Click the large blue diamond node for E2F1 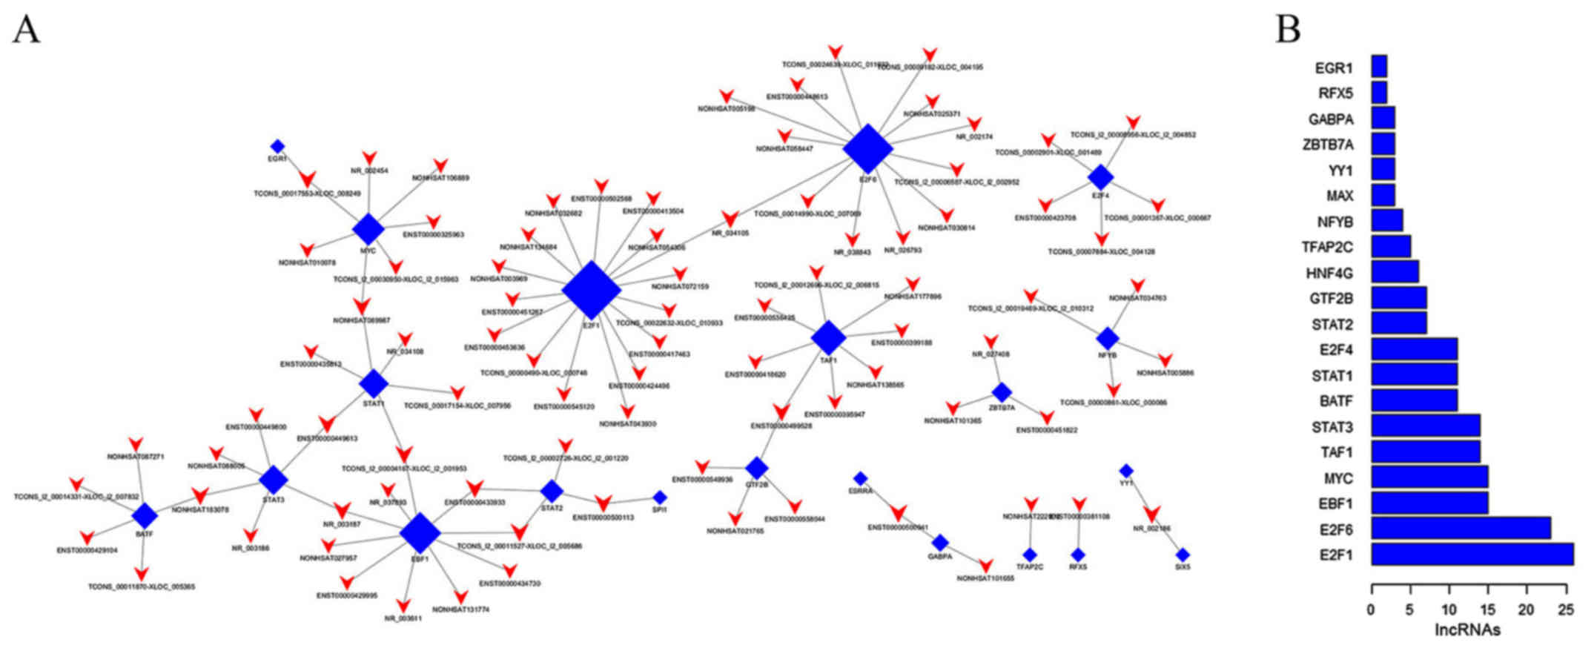[591, 290]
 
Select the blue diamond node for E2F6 [867, 149]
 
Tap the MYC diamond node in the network [368, 229]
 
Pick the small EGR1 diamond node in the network [277, 146]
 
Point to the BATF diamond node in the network [145, 515]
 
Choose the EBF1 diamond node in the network [420, 532]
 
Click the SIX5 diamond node [1183, 555]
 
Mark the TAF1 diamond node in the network [828, 337]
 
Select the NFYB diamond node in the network [1107, 338]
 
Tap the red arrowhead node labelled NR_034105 [730, 219]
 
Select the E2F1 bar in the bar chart [1472, 554]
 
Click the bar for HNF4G [1395, 271]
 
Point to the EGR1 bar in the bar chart [1379, 67]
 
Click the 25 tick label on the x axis [1565, 610]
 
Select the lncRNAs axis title [1467, 630]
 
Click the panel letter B [1288, 30]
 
